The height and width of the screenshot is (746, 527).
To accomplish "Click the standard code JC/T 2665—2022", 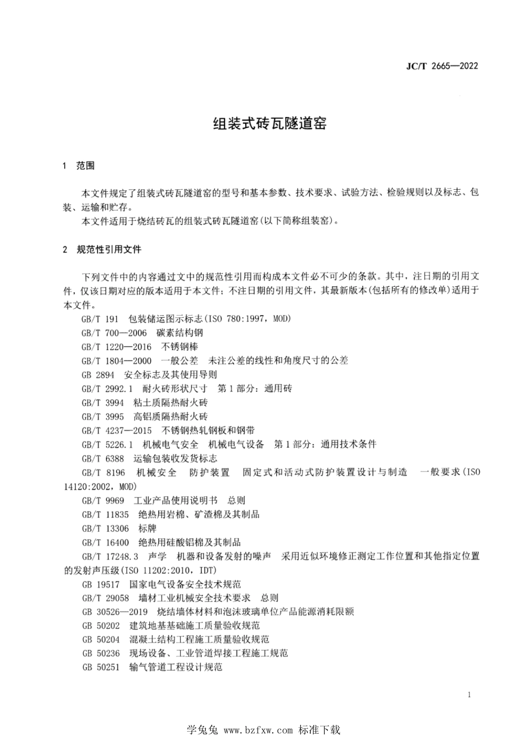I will pos(442,66).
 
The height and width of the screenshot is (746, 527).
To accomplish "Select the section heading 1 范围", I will pos(79,166).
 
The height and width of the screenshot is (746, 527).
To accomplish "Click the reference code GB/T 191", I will pos(100,319).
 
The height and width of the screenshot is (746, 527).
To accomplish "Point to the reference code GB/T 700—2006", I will pos(114,333).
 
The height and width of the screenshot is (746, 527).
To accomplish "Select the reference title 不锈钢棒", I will pos(179,347).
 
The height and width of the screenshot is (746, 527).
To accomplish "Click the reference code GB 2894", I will pos(98,375).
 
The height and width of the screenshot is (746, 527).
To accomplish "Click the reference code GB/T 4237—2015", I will pos(116,430).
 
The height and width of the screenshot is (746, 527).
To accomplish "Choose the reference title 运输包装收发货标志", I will pos(175,459).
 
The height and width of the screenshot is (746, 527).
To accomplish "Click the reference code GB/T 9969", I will pos(103,500).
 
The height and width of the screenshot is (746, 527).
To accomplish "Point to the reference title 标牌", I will pos(148,528).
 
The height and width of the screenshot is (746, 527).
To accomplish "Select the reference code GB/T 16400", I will pos(105,542).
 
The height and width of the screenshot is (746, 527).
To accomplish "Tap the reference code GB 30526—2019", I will pos(114,612).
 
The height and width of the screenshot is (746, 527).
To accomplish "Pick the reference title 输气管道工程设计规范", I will pos(176,667).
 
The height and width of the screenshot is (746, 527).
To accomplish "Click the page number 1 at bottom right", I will pos(469,695).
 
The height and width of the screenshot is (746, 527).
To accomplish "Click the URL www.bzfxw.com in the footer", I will pos(258,730).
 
